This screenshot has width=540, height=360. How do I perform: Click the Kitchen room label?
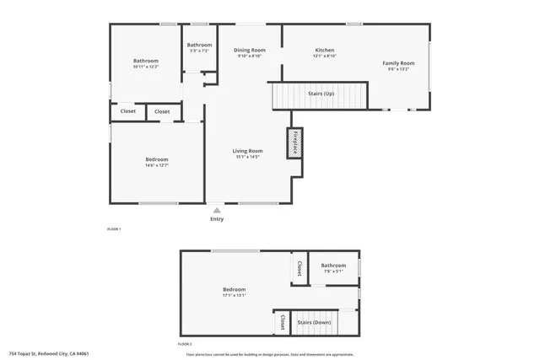tap(325, 50)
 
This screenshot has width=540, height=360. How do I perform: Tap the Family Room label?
tap(398, 63)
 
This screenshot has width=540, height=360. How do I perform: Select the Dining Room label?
tap(250, 50)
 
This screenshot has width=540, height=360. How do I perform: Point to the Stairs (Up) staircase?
tap(320, 94)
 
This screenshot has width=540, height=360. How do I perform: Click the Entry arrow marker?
tap(217, 210)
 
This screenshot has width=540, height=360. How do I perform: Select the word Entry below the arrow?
tap(217, 219)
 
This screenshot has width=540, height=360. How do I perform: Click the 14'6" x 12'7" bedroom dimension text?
tap(157, 165)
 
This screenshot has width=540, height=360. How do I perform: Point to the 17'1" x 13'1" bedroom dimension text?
tap(234, 295)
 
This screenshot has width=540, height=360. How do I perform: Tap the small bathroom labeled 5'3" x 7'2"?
tap(199, 48)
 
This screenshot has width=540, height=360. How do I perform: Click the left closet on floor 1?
tap(127, 111)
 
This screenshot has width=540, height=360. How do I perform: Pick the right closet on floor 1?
tap(162, 111)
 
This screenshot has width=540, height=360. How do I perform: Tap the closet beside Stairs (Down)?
tap(282, 323)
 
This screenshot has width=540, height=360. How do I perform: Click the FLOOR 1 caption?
tap(114, 229)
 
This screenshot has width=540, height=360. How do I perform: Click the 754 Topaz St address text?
tap(49, 354)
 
